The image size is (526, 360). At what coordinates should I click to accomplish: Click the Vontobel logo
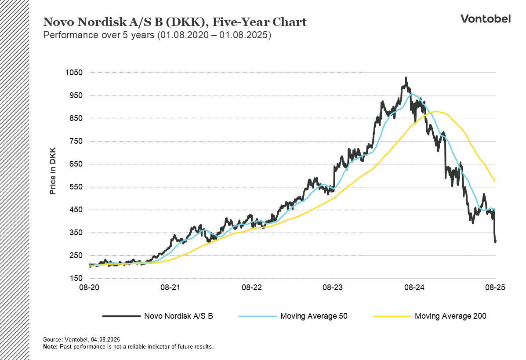click(485, 18)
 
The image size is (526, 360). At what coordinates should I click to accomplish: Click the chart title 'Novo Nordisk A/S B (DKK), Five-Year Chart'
click(174, 22)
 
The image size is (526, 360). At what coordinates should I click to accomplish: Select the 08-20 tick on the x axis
click(89, 287)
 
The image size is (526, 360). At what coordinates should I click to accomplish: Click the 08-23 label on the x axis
click(333, 287)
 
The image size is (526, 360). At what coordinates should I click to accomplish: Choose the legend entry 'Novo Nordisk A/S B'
click(178, 316)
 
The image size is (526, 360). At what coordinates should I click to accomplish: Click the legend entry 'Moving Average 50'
click(314, 316)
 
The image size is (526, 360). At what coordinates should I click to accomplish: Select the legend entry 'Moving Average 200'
click(450, 316)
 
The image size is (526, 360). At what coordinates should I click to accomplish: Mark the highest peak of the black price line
click(406, 78)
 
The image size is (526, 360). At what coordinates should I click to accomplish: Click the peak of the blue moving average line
click(412, 94)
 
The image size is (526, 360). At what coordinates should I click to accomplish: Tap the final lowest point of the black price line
click(495, 242)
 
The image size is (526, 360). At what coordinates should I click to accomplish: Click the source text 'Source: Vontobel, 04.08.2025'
click(81, 340)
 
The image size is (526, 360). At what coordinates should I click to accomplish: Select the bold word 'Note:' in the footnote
click(50, 347)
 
